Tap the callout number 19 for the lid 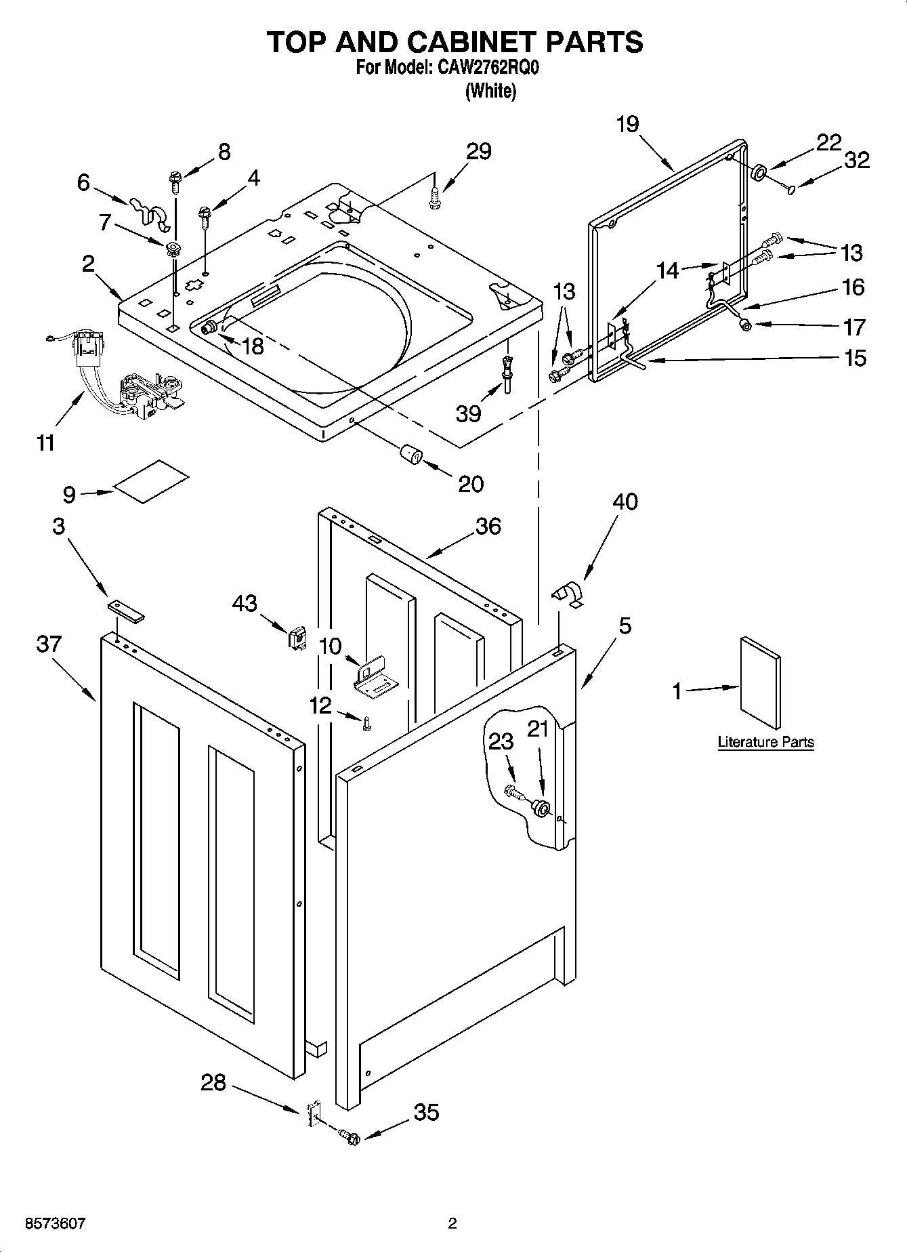[627, 125]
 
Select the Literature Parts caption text [765, 742]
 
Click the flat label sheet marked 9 [151, 481]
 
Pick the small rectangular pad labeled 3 [126, 609]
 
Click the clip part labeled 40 [568, 594]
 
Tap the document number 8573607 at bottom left [55, 1223]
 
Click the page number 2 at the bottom [452, 1223]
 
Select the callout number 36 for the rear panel [488, 526]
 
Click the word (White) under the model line [490, 91]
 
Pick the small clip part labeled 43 [297, 637]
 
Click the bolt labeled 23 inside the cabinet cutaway [514, 791]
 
